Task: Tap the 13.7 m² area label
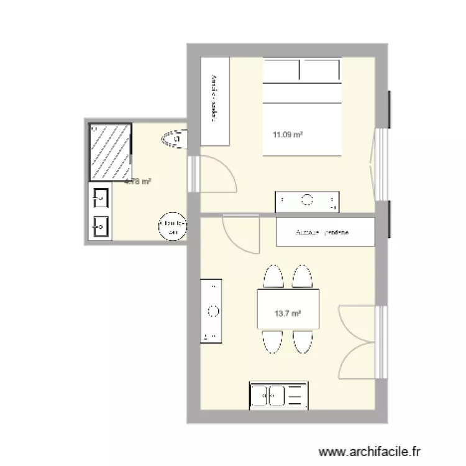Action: (288, 314)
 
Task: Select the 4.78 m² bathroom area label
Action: (138, 182)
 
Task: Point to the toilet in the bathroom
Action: (173, 139)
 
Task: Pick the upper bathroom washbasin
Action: (100, 199)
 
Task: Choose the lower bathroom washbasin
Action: (100, 226)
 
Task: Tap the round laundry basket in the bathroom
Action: (172, 226)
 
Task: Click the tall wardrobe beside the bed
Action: (215, 101)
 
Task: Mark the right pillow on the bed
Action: (322, 70)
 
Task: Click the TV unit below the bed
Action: (308, 201)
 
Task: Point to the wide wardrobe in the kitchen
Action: (325, 232)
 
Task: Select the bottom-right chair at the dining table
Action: (303, 342)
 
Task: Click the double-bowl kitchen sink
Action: (278, 395)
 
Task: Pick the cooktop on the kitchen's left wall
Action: (211, 311)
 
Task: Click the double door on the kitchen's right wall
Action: (360, 342)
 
